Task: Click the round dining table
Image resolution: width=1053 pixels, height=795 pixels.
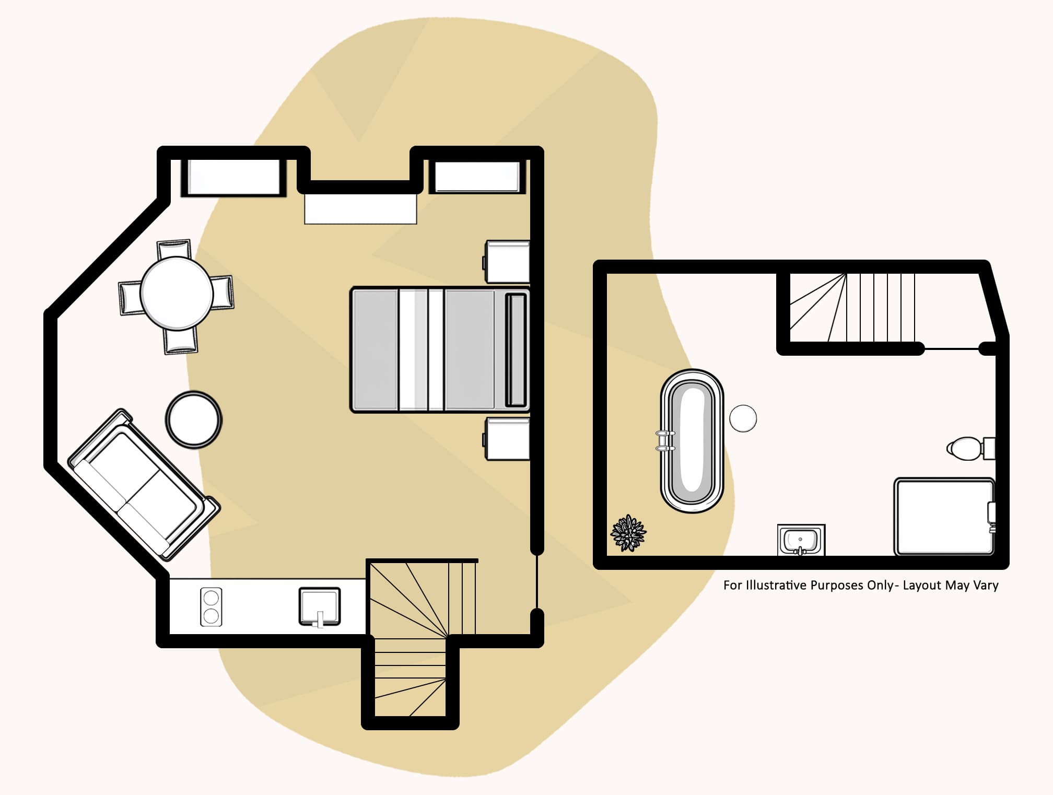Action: [177, 294]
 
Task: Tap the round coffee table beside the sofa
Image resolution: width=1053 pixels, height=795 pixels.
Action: [193, 419]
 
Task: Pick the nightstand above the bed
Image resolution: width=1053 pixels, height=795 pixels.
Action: [507, 261]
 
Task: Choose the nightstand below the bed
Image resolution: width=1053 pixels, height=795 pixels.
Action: [507, 438]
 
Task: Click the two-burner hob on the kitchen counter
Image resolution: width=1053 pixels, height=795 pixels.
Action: [211, 606]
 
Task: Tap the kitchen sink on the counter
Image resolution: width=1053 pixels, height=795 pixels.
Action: [319, 606]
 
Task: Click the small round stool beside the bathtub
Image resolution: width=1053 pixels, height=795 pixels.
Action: [743, 418]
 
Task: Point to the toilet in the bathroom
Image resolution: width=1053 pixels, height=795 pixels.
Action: [969, 448]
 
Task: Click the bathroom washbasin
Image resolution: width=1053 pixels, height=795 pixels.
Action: [801, 540]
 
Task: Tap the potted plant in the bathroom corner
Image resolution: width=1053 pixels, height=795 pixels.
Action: [628, 533]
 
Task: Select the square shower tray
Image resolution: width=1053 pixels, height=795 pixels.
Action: [943, 516]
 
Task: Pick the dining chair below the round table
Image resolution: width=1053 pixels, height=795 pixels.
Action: [181, 342]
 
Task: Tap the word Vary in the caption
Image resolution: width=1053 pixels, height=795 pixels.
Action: [986, 585]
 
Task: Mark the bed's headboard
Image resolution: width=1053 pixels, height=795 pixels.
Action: [516, 349]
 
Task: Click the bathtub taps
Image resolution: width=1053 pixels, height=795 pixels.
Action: [665, 440]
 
